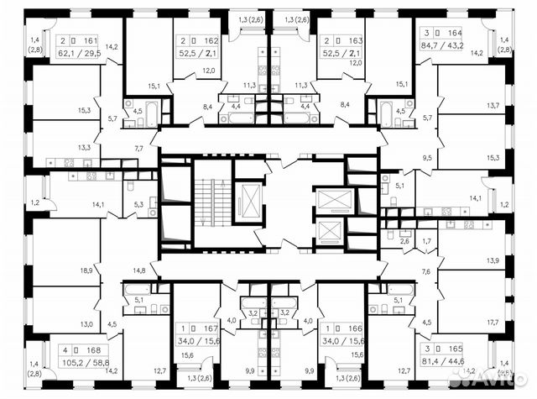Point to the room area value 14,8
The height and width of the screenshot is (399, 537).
(x=138, y=270)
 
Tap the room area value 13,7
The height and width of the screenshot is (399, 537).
(x=492, y=106)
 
